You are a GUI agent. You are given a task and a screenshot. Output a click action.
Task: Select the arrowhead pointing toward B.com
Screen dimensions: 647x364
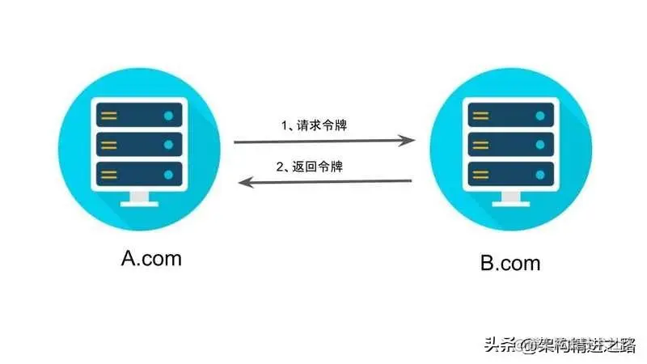(410, 142)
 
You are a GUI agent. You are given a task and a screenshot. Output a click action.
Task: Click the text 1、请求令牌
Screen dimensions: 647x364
(316, 125)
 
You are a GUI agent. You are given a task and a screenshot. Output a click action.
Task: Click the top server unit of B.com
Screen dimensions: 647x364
(510, 116)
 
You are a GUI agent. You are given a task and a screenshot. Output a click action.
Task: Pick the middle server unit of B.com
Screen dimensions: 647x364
(510, 145)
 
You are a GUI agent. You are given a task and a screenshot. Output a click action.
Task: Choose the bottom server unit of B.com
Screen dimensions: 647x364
(510, 174)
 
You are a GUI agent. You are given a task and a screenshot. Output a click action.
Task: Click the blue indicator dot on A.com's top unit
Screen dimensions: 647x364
(168, 116)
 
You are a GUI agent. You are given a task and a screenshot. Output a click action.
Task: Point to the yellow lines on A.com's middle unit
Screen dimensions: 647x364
(109, 145)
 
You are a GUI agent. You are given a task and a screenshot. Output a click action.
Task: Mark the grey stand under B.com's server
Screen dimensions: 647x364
(510, 199)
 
